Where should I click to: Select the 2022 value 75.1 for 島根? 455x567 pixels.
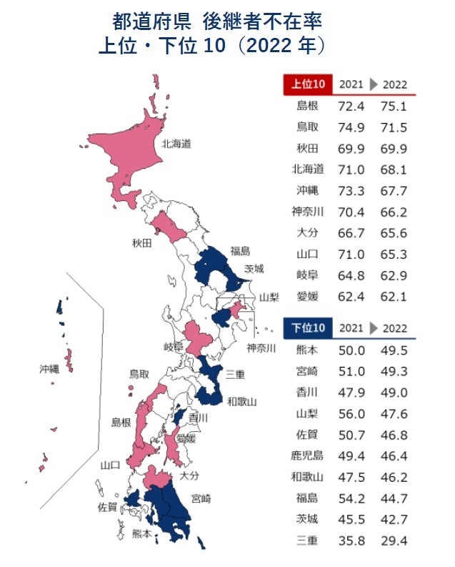pos(394,106)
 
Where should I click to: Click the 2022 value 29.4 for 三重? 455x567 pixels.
pos(394,540)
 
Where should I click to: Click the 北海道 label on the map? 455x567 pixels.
pos(176,143)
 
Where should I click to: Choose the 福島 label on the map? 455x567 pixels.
pos(240,251)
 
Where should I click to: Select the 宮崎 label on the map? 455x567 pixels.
pos(201,498)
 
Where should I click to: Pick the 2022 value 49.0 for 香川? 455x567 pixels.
pos(394,392)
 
